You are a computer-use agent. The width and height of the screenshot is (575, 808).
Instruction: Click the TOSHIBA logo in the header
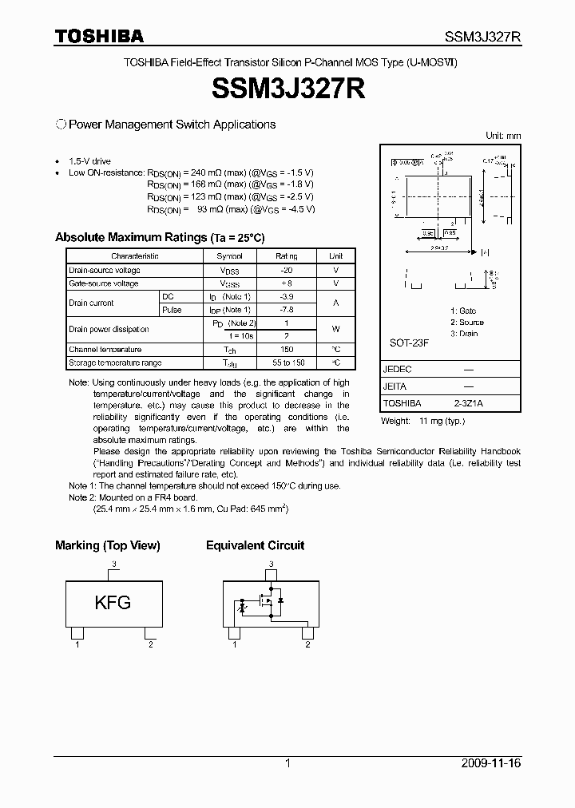coord(99,36)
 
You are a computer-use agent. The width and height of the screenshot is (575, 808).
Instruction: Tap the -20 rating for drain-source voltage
coord(286,271)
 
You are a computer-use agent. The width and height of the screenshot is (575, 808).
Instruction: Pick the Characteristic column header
coord(135,256)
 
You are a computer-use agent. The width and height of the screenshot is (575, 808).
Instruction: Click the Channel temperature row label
coord(105,350)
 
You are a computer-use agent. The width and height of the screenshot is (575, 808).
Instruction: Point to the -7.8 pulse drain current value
coord(286,310)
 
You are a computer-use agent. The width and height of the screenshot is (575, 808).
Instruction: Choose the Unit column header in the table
coord(335,256)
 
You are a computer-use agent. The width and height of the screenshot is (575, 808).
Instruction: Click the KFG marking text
coord(113,603)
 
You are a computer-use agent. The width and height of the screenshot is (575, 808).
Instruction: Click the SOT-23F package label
coord(410,343)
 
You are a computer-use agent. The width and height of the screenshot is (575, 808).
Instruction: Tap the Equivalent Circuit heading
coord(255,546)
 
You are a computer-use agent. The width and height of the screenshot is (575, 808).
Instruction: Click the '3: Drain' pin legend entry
coord(464,334)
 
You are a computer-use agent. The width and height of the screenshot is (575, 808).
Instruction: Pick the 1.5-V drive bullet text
coord(90,160)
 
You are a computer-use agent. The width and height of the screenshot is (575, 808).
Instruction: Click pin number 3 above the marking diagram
coord(114,564)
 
